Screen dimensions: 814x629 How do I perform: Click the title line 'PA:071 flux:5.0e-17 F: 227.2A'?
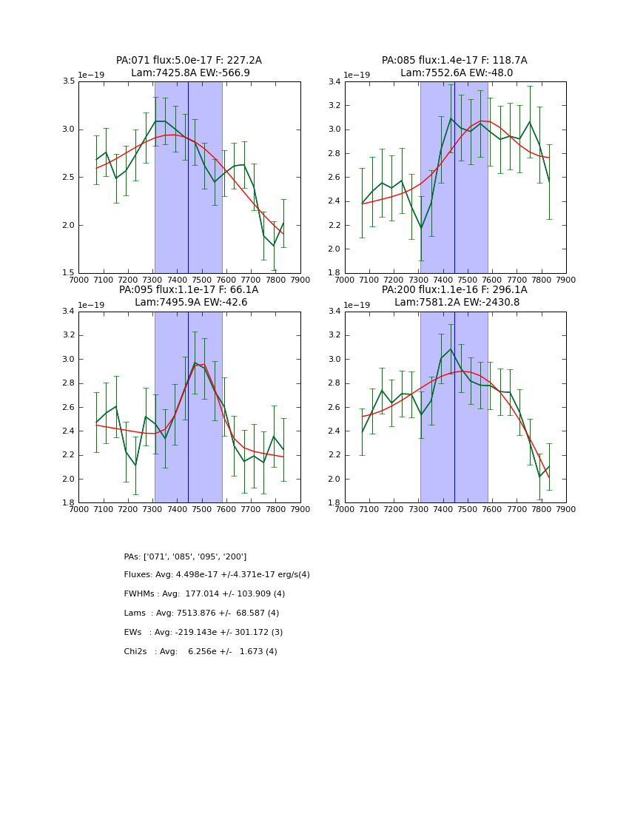[189, 61]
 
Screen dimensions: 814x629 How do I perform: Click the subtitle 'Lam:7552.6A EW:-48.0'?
[454, 73]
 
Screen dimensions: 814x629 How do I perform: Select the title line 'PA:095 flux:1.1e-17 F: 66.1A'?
[189, 290]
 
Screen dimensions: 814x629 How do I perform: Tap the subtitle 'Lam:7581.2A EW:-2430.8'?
[454, 303]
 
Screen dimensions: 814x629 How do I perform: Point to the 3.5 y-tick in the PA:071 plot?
[70, 81]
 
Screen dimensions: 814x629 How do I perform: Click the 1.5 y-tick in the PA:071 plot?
[70, 273]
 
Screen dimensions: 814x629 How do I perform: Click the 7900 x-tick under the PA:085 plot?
[565, 280]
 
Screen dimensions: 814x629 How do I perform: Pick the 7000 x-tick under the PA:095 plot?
[78, 510]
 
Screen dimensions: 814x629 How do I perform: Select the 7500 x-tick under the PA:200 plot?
[467, 510]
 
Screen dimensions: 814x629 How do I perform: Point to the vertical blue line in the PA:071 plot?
[188, 178]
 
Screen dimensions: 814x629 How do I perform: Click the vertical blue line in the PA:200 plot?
[454, 407]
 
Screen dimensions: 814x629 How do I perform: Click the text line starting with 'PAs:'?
[185, 556]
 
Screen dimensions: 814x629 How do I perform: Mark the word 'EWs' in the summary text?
[132, 633]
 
